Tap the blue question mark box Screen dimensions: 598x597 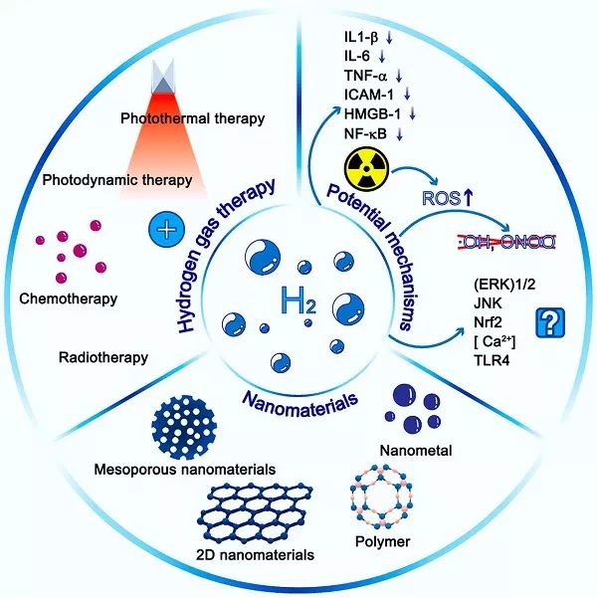(x=547, y=322)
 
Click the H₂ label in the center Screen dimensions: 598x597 (x=298, y=299)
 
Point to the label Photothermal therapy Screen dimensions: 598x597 (x=205, y=119)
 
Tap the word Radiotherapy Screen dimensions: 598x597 (x=103, y=356)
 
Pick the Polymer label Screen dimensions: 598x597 (x=382, y=543)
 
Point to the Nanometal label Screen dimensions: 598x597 (x=422, y=451)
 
